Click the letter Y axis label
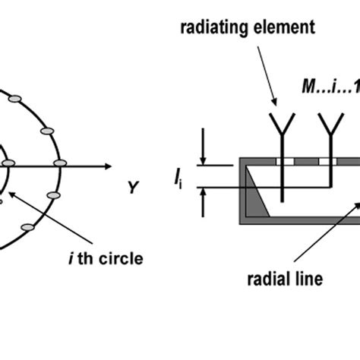tap(134, 187)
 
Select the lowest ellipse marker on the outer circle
tap(29, 226)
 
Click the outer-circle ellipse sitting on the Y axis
tap(62, 165)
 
